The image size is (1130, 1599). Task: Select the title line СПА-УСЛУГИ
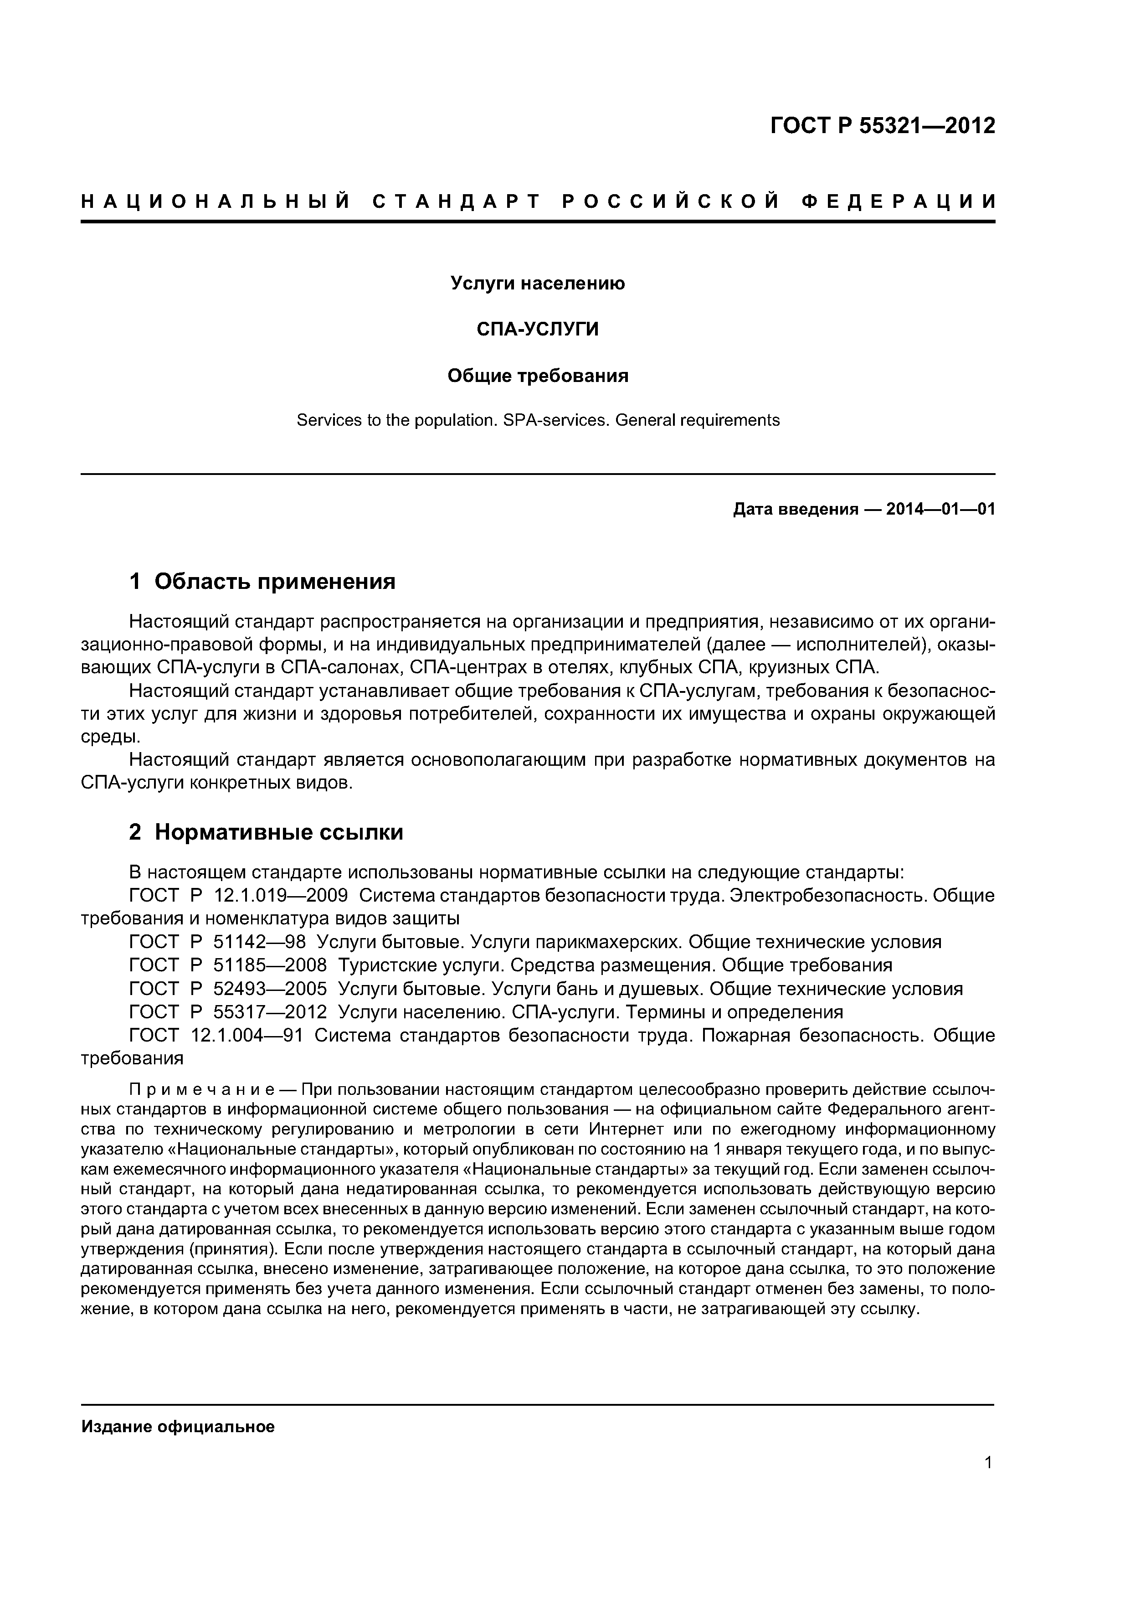click(538, 330)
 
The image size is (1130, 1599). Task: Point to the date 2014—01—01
click(940, 510)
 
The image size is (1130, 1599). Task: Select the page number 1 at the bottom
click(988, 1463)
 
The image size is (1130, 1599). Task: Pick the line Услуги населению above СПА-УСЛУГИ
click(538, 284)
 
